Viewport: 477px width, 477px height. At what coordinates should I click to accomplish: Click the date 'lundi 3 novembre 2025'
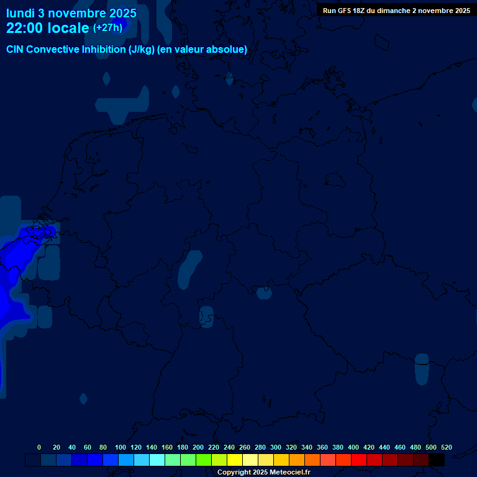tap(71, 13)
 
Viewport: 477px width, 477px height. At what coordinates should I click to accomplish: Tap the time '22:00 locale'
tap(48, 28)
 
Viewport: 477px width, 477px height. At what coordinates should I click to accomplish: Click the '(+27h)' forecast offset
tap(107, 27)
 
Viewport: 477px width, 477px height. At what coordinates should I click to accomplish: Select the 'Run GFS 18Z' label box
tap(396, 11)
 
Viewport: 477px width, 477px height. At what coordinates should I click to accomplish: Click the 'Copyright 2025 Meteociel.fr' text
tap(263, 473)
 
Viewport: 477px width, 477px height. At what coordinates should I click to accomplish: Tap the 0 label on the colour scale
tap(39, 447)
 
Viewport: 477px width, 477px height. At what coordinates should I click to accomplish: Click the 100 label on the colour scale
tap(120, 447)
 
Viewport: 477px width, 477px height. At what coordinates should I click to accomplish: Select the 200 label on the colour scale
tap(198, 447)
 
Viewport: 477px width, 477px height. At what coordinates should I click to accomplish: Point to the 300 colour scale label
tap(276, 447)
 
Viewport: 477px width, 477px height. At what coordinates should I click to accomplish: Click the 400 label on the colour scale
tap(353, 447)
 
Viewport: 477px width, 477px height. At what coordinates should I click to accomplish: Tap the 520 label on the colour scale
tap(447, 447)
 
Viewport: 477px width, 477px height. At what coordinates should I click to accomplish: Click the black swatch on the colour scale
tap(437, 460)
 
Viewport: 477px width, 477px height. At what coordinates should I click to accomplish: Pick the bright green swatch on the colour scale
tap(204, 460)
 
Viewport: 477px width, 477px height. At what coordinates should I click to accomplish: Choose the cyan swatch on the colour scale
tap(157, 460)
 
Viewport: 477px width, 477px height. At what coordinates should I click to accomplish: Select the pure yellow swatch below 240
tap(235, 460)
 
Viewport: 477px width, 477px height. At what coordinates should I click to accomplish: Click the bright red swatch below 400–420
tap(359, 460)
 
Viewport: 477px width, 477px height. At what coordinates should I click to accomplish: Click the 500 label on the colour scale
tap(431, 447)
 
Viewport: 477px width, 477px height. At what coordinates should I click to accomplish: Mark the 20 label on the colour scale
tap(57, 447)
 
